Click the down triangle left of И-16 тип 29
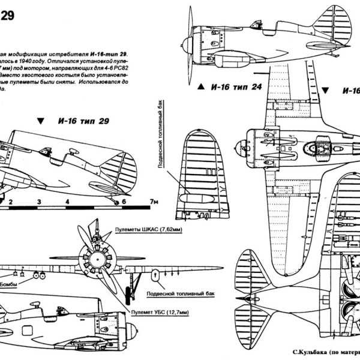pyautogui.click(x=40, y=122)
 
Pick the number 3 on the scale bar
pyautogui.click(x=39, y=202)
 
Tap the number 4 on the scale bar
pyautogui.click(x=67, y=202)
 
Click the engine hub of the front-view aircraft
pyautogui.click(x=95, y=265)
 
